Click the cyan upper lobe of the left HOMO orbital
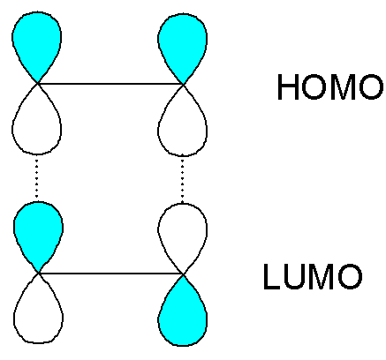click(x=37, y=44)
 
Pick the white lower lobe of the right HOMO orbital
click(x=183, y=125)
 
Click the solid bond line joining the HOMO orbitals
click(x=110, y=84)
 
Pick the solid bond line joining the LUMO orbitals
click(x=111, y=274)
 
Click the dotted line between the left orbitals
click(x=36, y=178)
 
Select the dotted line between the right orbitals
click(x=182, y=179)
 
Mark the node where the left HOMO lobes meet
click(x=37, y=84)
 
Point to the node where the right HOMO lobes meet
click(x=183, y=85)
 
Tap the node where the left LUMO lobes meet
click(x=39, y=274)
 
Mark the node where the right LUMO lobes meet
click(x=184, y=274)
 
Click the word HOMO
click(x=330, y=87)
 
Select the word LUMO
click(x=313, y=277)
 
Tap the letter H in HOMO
click(x=288, y=87)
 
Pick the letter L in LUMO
click(x=271, y=277)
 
